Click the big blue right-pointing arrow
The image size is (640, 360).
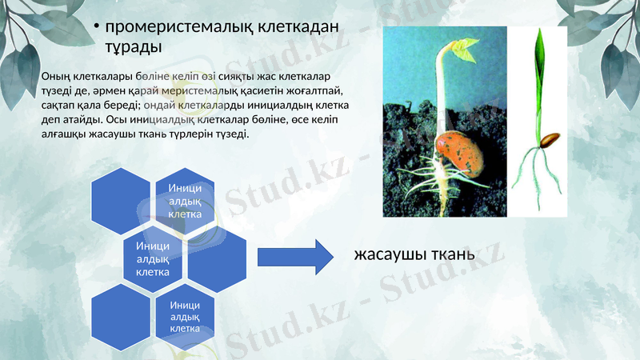(294, 256)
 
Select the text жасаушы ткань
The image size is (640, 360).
(414, 255)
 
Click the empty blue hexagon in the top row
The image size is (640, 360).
(122, 198)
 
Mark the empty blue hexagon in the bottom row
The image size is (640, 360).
(122, 314)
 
